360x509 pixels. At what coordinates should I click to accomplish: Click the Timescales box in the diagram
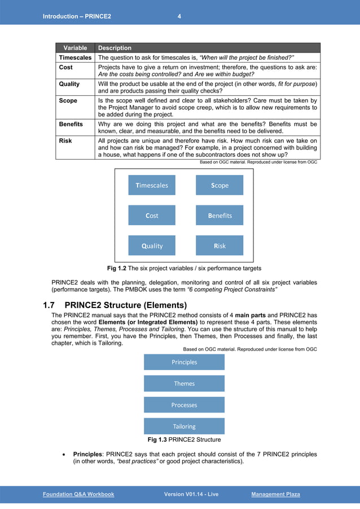point(152,185)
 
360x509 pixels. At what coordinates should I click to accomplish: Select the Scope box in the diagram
point(219,185)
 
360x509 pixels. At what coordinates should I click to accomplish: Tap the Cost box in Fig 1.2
point(152,216)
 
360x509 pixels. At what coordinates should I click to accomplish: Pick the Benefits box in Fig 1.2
point(219,216)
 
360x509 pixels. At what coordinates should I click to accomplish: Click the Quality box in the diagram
point(152,245)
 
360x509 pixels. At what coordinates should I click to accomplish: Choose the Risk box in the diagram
point(219,245)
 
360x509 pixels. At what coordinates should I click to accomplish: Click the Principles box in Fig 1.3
point(184,362)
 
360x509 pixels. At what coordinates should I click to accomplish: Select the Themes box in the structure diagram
point(184,384)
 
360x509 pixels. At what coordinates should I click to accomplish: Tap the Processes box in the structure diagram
point(184,405)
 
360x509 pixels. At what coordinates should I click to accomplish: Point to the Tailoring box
point(184,427)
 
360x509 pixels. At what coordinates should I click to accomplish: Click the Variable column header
point(75,48)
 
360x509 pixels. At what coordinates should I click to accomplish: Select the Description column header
point(115,48)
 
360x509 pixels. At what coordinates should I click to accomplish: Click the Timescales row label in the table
point(75,58)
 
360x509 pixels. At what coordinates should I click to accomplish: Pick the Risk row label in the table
point(65,141)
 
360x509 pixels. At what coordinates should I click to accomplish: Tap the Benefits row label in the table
point(71,124)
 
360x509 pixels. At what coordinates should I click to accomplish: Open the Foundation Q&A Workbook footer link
point(78,494)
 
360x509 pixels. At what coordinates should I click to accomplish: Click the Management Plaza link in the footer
point(275,494)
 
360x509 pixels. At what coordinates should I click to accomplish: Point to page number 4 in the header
point(179,16)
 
